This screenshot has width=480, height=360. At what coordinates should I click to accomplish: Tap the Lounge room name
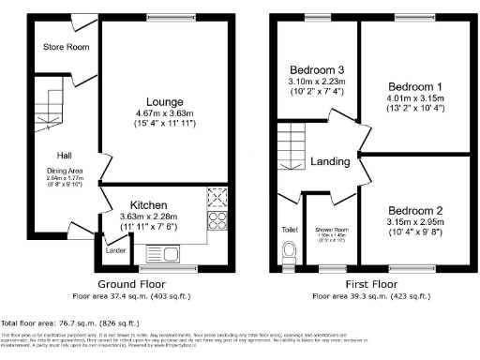tap(164, 102)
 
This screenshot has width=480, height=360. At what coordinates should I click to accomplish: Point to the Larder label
tap(116, 251)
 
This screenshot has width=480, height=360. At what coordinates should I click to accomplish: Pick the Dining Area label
tap(66, 171)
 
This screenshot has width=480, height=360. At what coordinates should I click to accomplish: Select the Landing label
tap(331, 161)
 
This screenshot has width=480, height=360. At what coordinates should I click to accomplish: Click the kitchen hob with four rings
tap(217, 221)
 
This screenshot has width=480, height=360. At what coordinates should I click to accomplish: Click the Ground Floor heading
tap(128, 283)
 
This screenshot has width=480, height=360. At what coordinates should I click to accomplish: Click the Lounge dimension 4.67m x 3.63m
tap(164, 114)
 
